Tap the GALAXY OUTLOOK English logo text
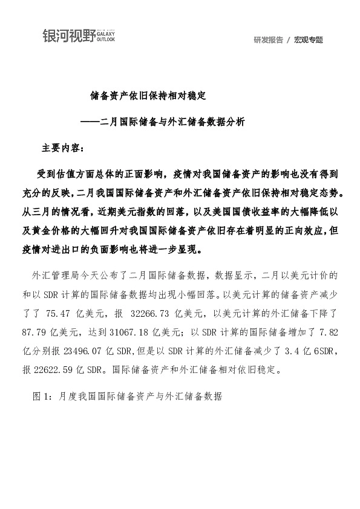(x=105, y=37)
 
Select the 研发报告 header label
(x=268, y=40)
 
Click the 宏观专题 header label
(x=309, y=40)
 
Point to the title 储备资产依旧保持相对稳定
(x=148, y=96)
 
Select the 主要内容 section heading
(x=64, y=148)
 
